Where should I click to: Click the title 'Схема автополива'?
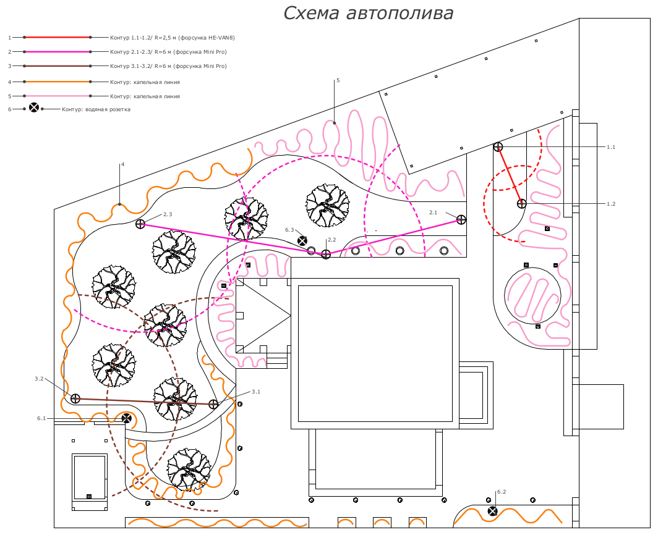[x=368, y=13]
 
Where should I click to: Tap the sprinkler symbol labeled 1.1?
[x=498, y=147]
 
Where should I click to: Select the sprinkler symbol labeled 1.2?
[x=521, y=204]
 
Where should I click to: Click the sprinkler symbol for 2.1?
[x=461, y=219]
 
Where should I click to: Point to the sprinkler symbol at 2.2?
[x=326, y=254]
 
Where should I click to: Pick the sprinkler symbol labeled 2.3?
[x=140, y=224]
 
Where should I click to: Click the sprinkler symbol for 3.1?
[x=213, y=404]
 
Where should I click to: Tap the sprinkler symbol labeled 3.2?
[x=75, y=398]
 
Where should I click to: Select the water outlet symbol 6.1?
[x=126, y=418]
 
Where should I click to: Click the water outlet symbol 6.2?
[x=492, y=511]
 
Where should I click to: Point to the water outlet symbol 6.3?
[x=302, y=241]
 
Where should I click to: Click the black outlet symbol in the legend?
[x=34, y=107]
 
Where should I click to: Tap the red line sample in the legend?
[x=57, y=37]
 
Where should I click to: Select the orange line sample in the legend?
[x=57, y=82]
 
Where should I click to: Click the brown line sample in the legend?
[x=57, y=66]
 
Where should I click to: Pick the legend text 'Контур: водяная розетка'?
[x=96, y=109]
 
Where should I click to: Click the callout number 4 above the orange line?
[x=122, y=164]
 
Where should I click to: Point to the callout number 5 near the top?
[x=338, y=80]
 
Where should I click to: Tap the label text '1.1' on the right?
[x=611, y=147]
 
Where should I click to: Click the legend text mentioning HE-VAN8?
[x=173, y=38]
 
